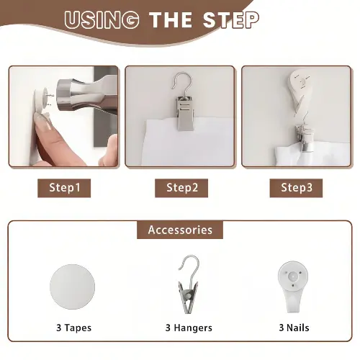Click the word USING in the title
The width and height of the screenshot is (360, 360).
102,20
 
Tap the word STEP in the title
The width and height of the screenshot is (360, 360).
231,20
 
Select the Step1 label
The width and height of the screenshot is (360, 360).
64,188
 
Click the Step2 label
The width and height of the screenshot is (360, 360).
181,188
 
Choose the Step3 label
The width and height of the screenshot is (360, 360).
296,188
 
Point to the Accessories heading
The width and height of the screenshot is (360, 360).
180,230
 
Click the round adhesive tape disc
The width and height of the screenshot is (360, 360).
72,287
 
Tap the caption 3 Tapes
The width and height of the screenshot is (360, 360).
73,328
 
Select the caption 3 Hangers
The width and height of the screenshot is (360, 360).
189,328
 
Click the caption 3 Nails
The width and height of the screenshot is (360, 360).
294,328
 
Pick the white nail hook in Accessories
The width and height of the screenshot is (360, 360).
293,286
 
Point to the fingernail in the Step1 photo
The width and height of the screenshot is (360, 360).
42,120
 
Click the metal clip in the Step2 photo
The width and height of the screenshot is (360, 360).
185,113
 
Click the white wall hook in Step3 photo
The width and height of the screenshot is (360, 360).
300,91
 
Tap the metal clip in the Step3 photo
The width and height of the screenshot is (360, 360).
305,138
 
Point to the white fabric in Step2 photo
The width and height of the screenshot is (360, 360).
187,144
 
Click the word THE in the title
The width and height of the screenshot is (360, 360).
171,20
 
